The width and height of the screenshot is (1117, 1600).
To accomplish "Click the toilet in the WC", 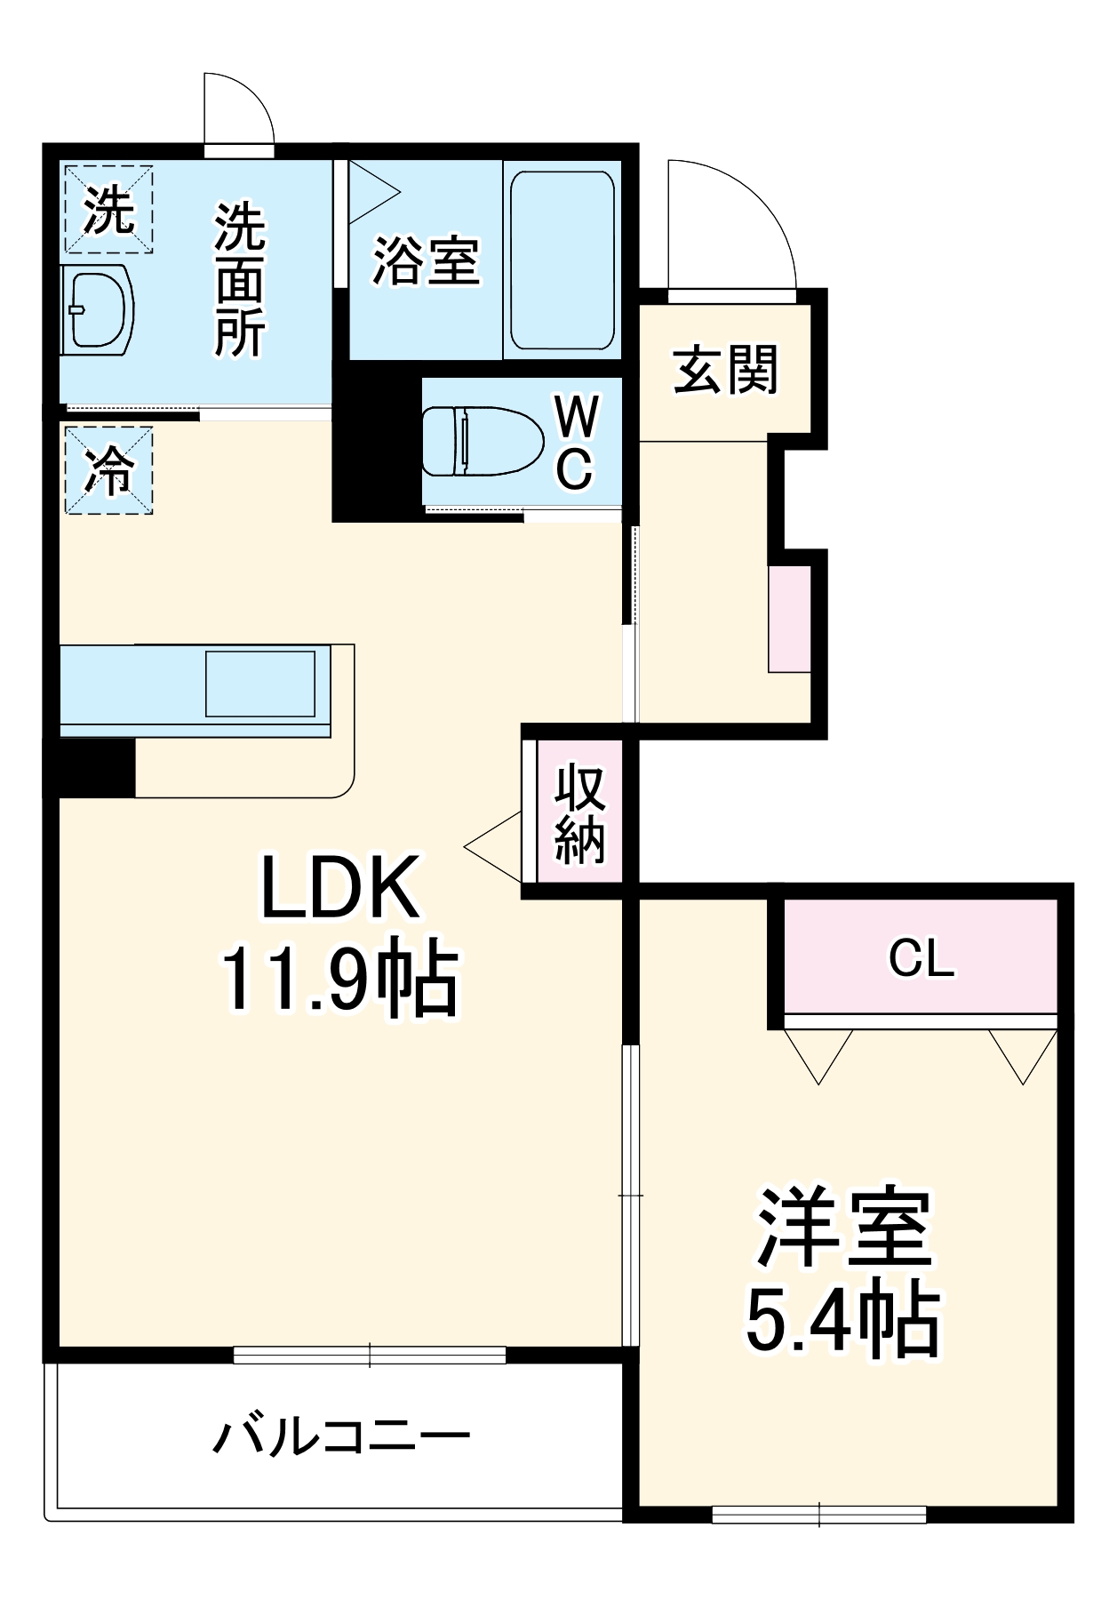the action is [483, 441].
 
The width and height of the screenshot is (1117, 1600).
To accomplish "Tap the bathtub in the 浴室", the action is [562, 260].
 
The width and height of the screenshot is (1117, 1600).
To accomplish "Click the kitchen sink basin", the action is [260, 684].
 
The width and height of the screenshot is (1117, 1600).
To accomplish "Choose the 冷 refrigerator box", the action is [108, 470].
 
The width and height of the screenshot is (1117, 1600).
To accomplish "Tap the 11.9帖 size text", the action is [339, 981].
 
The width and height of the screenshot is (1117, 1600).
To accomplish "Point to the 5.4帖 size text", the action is [842, 1320].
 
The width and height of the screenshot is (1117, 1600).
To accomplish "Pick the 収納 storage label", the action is [580, 813].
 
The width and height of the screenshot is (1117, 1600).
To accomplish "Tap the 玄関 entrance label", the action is [726, 370].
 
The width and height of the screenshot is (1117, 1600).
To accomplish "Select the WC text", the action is [575, 442].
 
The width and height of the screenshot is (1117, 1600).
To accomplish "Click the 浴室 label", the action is [426, 261].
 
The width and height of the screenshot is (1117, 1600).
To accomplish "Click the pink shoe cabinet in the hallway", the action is [790, 619].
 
